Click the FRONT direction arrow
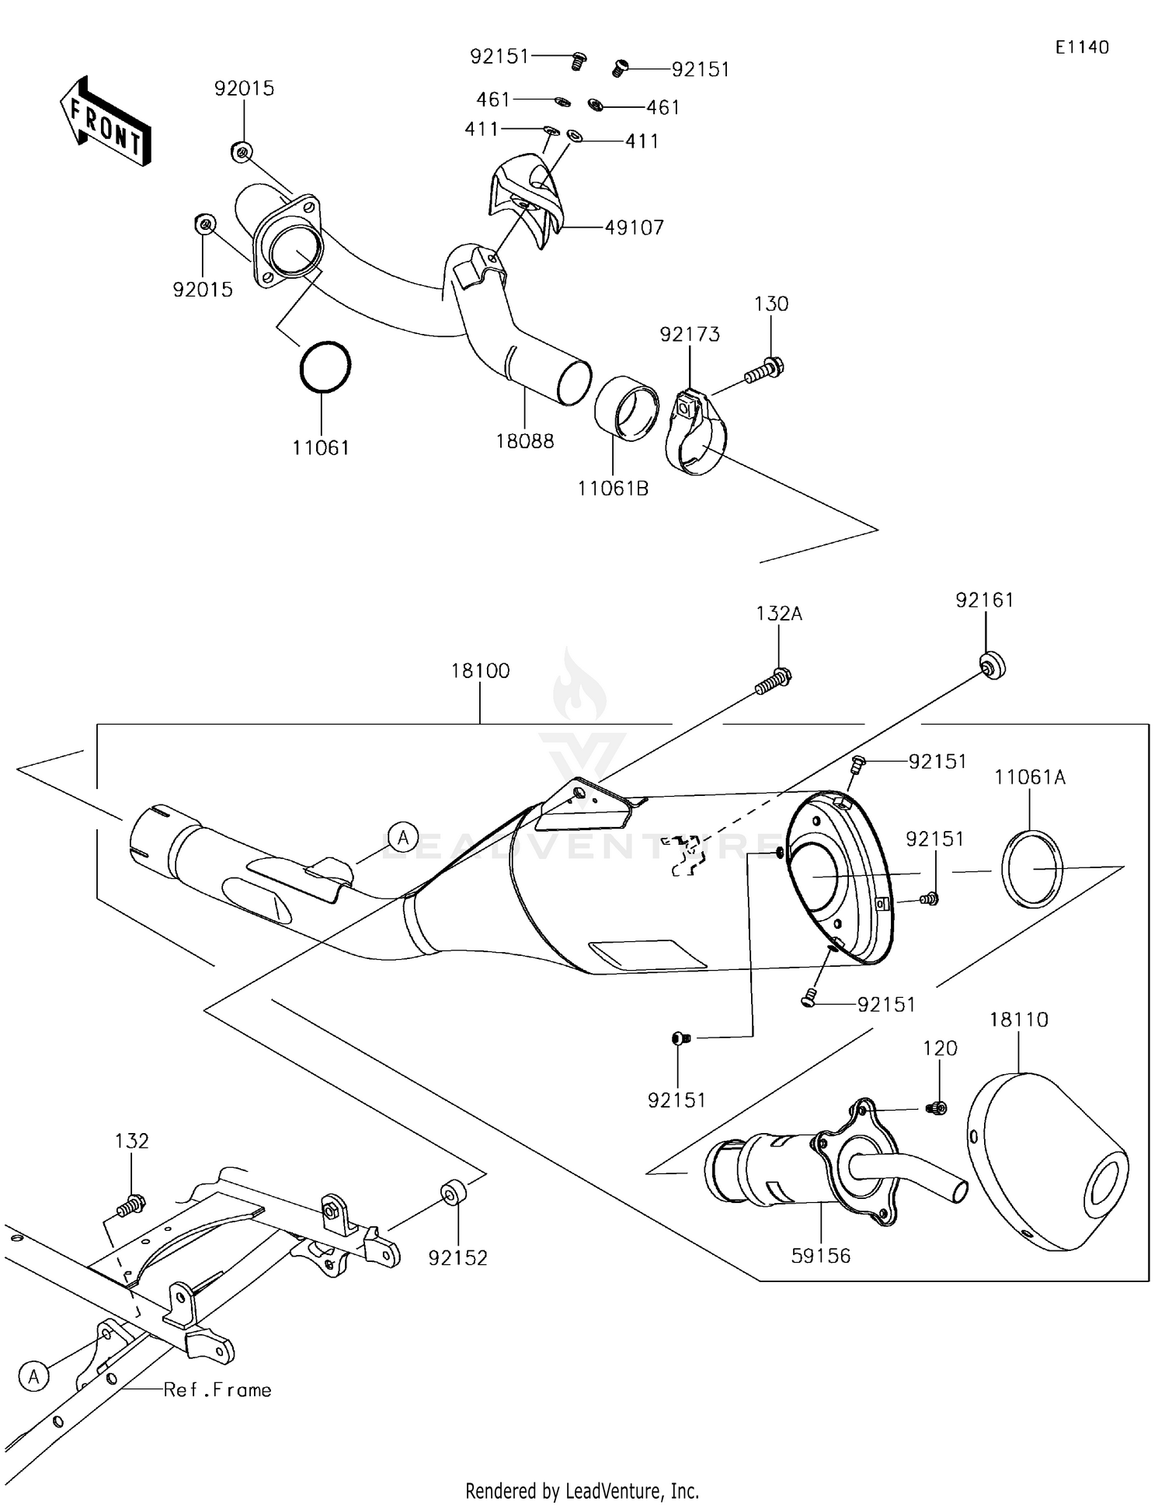(x=105, y=121)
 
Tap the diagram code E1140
(x=1081, y=47)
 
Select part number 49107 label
(x=635, y=228)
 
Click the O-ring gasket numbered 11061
(x=325, y=367)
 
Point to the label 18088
(x=525, y=441)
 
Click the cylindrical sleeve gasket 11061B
(x=628, y=408)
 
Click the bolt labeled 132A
(x=774, y=682)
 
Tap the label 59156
(x=821, y=1256)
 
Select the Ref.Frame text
(x=217, y=1389)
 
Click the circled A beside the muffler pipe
(x=403, y=837)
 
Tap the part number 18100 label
(x=480, y=671)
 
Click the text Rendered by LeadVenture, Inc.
(x=582, y=1490)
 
